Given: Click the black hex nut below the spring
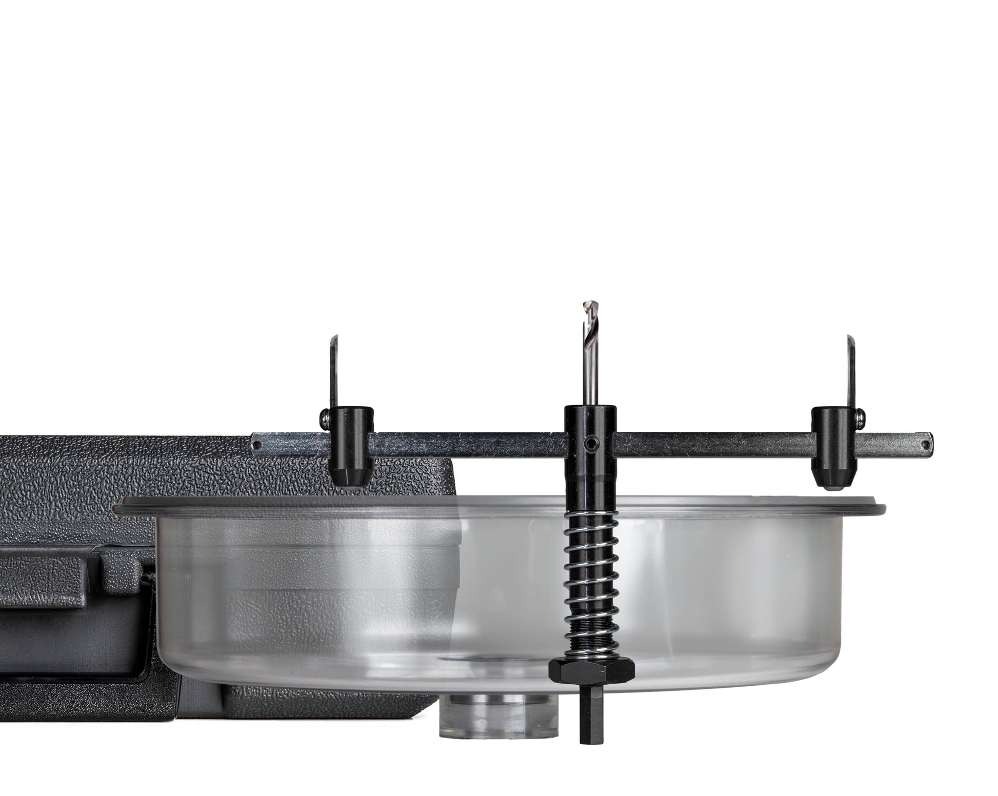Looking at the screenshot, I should pos(591,670).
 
